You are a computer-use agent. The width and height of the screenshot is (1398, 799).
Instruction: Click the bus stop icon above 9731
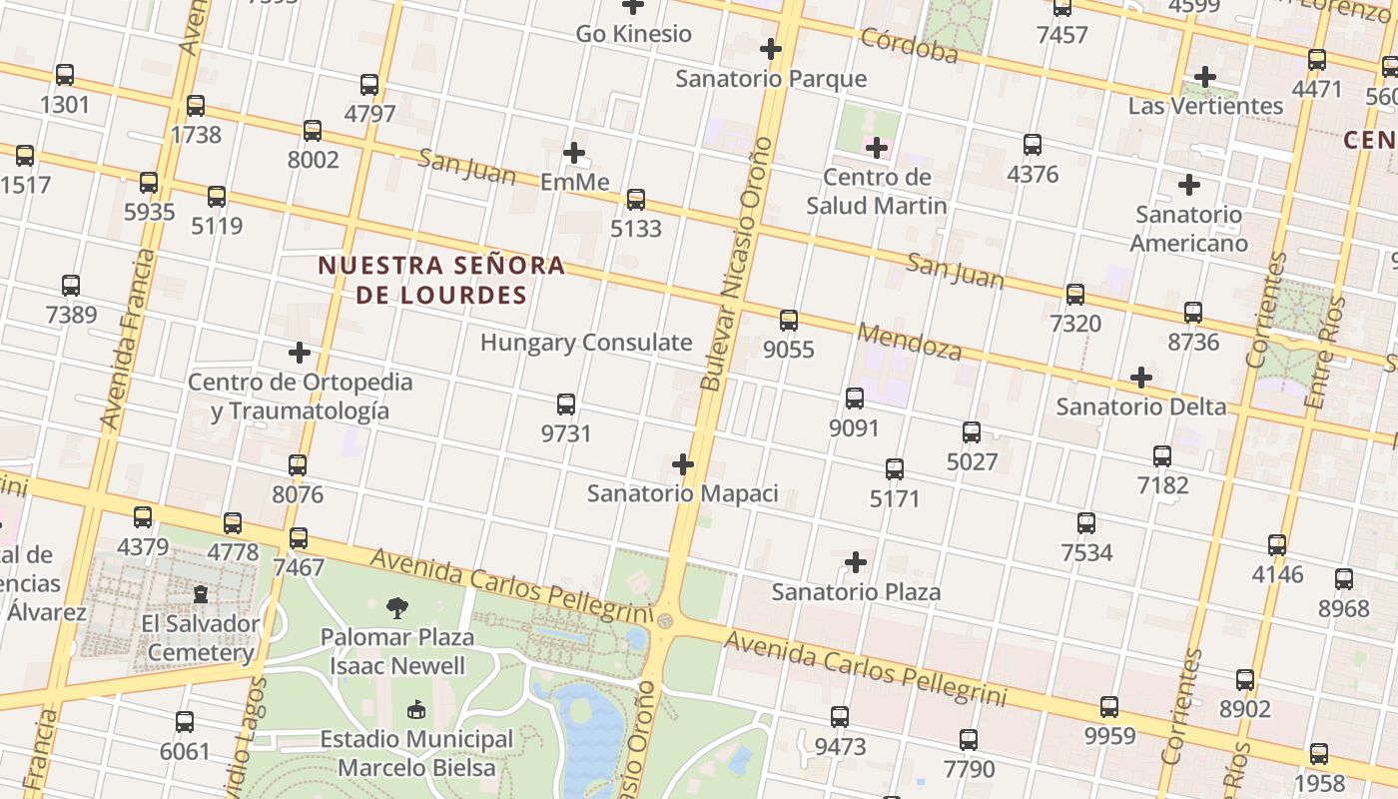pos(566,404)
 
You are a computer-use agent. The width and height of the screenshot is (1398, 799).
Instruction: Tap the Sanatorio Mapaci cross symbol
pos(683,464)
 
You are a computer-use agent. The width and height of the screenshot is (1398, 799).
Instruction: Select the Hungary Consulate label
pos(586,343)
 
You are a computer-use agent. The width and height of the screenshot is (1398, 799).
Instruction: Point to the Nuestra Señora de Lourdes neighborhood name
pos(441,280)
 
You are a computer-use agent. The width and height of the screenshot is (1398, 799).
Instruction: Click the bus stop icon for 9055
pos(789,321)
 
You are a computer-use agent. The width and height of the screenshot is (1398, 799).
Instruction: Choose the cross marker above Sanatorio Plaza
pos(856,562)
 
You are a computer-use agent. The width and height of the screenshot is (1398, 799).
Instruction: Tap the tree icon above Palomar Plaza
pos(397,607)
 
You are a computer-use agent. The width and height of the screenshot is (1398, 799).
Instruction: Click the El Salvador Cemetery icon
pos(201,594)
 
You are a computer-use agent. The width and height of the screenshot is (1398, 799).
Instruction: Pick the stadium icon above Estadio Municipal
pos(416,710)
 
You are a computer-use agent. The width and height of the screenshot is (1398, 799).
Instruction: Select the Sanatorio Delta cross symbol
pos(1141,378)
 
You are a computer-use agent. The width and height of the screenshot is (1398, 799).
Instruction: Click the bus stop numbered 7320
pos(1075,295)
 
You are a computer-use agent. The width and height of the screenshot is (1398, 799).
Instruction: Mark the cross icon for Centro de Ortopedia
pos(300,353)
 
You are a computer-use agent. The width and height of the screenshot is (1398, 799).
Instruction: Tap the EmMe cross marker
pos(574,153)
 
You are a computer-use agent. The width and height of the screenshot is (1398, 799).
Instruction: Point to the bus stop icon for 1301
pos(65,75)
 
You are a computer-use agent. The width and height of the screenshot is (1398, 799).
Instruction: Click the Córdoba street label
pos(909,45)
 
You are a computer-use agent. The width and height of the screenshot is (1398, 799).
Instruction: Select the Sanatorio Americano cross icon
pos(1188,185)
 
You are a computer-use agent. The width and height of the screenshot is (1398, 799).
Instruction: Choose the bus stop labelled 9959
pos(1109,707)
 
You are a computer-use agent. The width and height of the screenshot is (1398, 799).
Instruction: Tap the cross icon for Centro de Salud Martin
pos(877,149)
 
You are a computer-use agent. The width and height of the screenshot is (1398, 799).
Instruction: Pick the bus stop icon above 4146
pos(1277,545)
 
